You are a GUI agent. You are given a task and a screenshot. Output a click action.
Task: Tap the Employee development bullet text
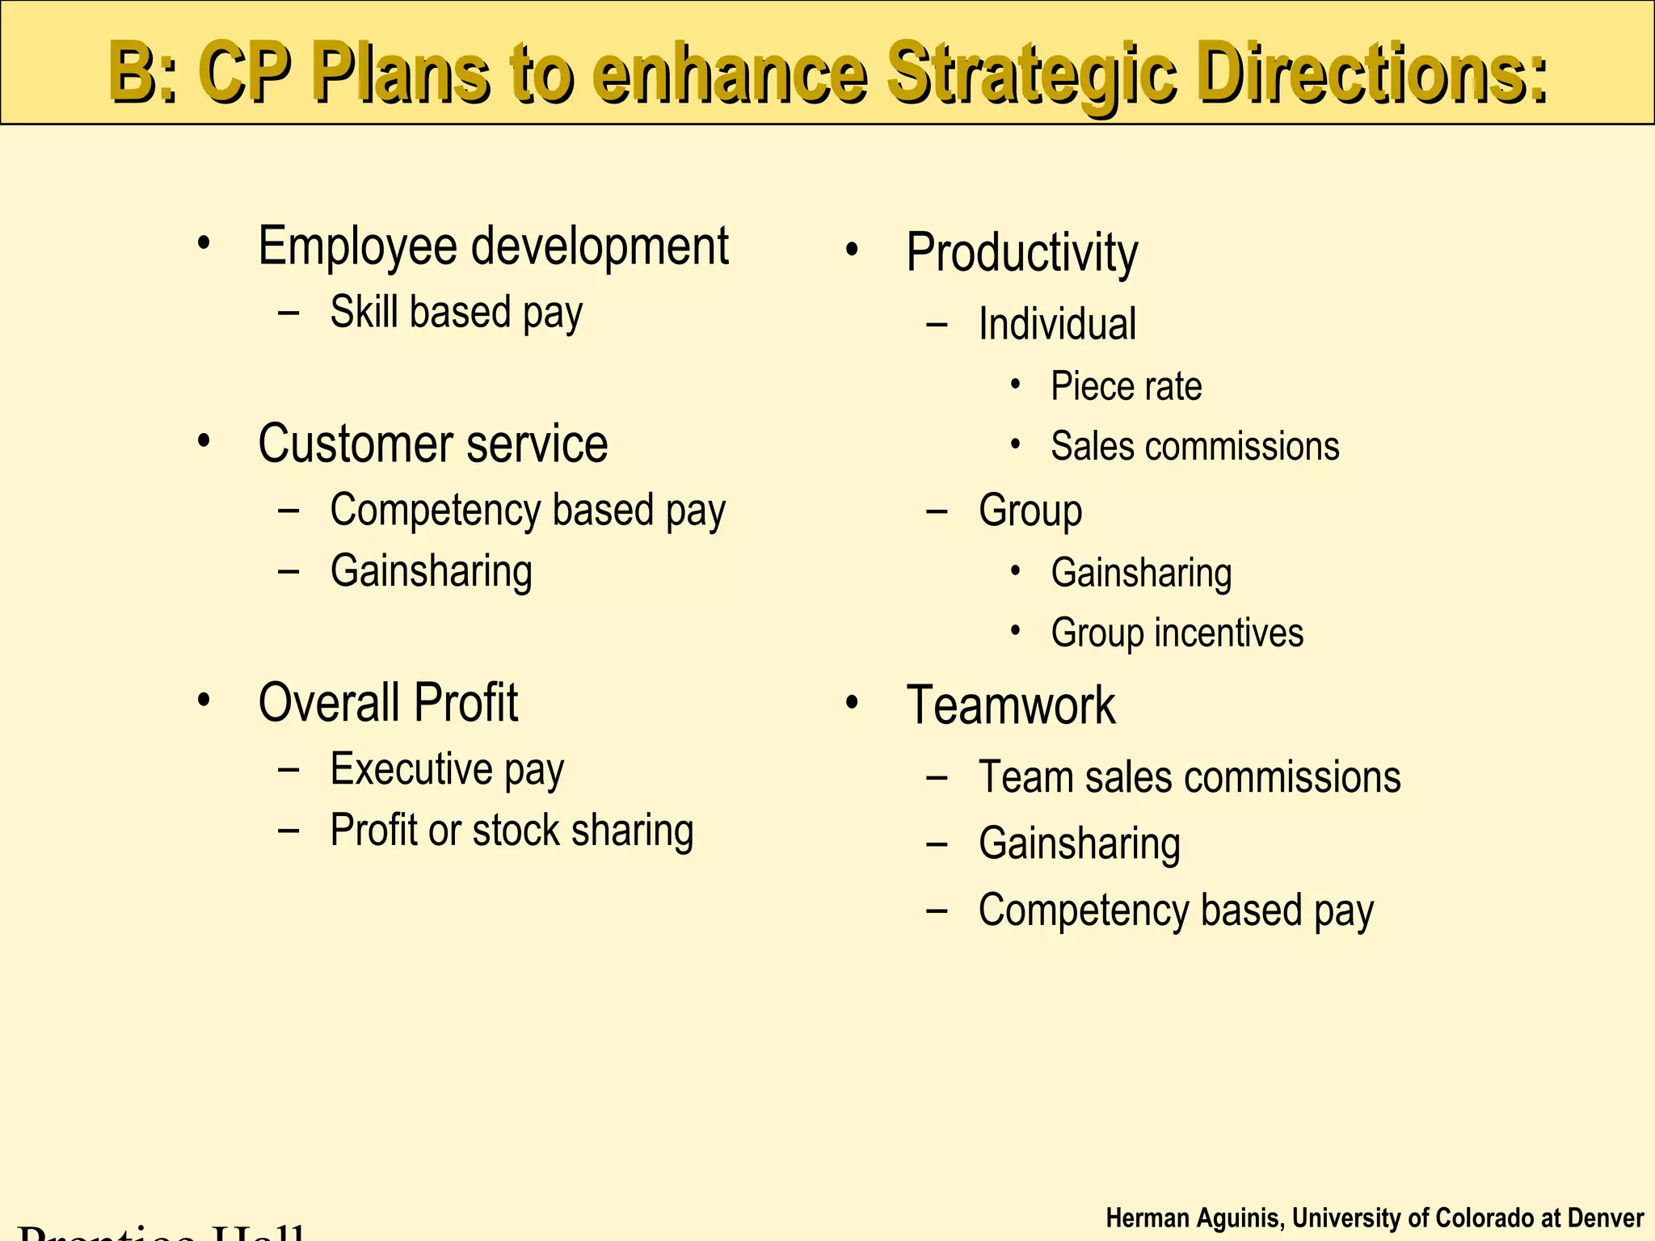[493, 246]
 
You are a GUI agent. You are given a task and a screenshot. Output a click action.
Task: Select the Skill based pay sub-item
[456, 313]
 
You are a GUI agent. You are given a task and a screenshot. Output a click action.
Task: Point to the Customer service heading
[432, 444]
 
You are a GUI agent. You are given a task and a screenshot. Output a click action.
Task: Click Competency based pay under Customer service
[528, 511]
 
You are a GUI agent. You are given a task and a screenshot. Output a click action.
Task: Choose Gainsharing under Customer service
[431, 571]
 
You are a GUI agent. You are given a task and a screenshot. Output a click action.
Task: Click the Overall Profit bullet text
[388, 702]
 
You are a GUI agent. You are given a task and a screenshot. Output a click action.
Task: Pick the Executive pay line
[447, 769]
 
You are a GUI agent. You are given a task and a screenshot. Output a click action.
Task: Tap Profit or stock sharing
[512, 831]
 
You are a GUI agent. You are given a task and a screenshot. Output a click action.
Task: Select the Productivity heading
[1021, 253]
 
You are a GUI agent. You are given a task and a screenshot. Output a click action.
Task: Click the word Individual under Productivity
[1057, 324]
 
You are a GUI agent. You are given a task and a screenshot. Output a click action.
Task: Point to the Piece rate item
[1126, 386]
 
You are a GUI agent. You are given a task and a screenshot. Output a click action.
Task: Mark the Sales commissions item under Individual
[1194, 447]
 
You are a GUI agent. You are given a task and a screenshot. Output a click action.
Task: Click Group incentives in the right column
[1177, 633]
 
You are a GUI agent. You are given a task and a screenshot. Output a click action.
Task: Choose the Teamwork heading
[1010, 705]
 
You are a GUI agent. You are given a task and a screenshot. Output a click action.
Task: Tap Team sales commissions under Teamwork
[1190, 777]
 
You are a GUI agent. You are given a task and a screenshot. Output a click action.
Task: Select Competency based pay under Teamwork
[1176, 911]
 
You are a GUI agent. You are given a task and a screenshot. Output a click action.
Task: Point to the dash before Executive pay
[288, 769]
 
